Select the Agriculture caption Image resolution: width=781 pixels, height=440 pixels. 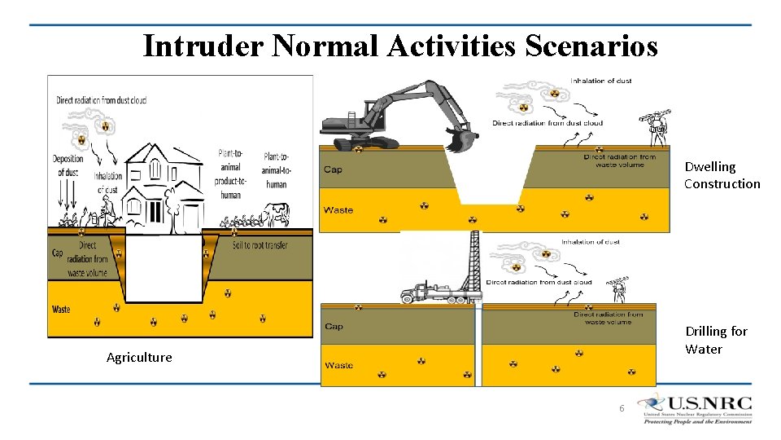[x=139, y=357]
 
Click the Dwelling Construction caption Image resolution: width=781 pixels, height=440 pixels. [x=722, y=175]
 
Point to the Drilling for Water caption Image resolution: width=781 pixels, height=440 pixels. [x=715, y=340]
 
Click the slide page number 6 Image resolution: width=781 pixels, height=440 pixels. [x=622, y=407]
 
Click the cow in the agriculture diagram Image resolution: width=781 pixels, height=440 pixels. [x=277, y=214]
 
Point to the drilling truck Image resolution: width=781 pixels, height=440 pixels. [x=429, y=293]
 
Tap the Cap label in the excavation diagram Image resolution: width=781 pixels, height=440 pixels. [x=333, y=169]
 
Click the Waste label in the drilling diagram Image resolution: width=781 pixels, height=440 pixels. [x=338, y=365]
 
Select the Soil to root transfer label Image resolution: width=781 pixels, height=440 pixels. [x=260, y=244]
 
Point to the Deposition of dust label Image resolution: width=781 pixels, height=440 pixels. [x=68, y=165]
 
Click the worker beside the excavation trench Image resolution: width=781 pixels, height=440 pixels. [x=657, y=129]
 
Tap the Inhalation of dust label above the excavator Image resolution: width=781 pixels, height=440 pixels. [x=601, y=81]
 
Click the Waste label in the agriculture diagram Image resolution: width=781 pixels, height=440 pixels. [x=61, y=310]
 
